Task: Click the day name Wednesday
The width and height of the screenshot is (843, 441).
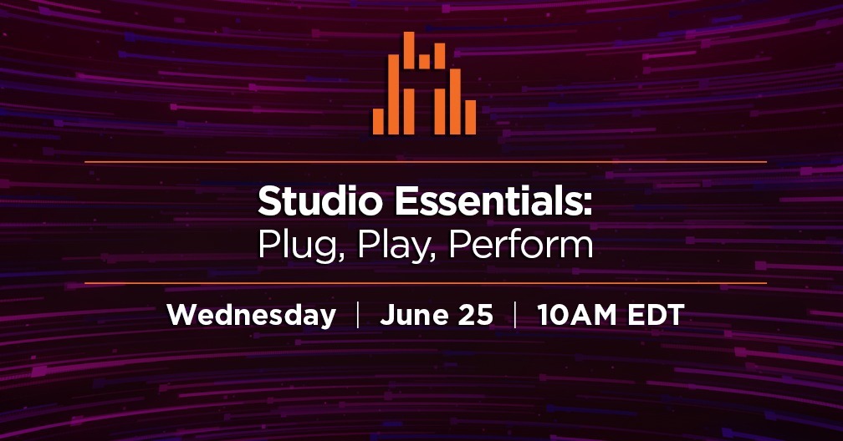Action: pos(252,316)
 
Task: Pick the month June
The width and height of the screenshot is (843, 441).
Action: pos(410,316)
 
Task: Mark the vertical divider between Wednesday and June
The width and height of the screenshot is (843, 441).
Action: pos(358,316)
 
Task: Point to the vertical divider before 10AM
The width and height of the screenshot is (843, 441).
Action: pos(514,316)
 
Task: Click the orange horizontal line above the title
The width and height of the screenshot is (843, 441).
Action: pos(425,161)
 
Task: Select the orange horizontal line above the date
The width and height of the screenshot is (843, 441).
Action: pos(425,283)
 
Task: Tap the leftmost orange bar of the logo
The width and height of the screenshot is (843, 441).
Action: pos(378,121)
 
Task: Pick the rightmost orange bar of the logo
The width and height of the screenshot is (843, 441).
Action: pos(470,117)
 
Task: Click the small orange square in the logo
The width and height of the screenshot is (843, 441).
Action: pos(424,61)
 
